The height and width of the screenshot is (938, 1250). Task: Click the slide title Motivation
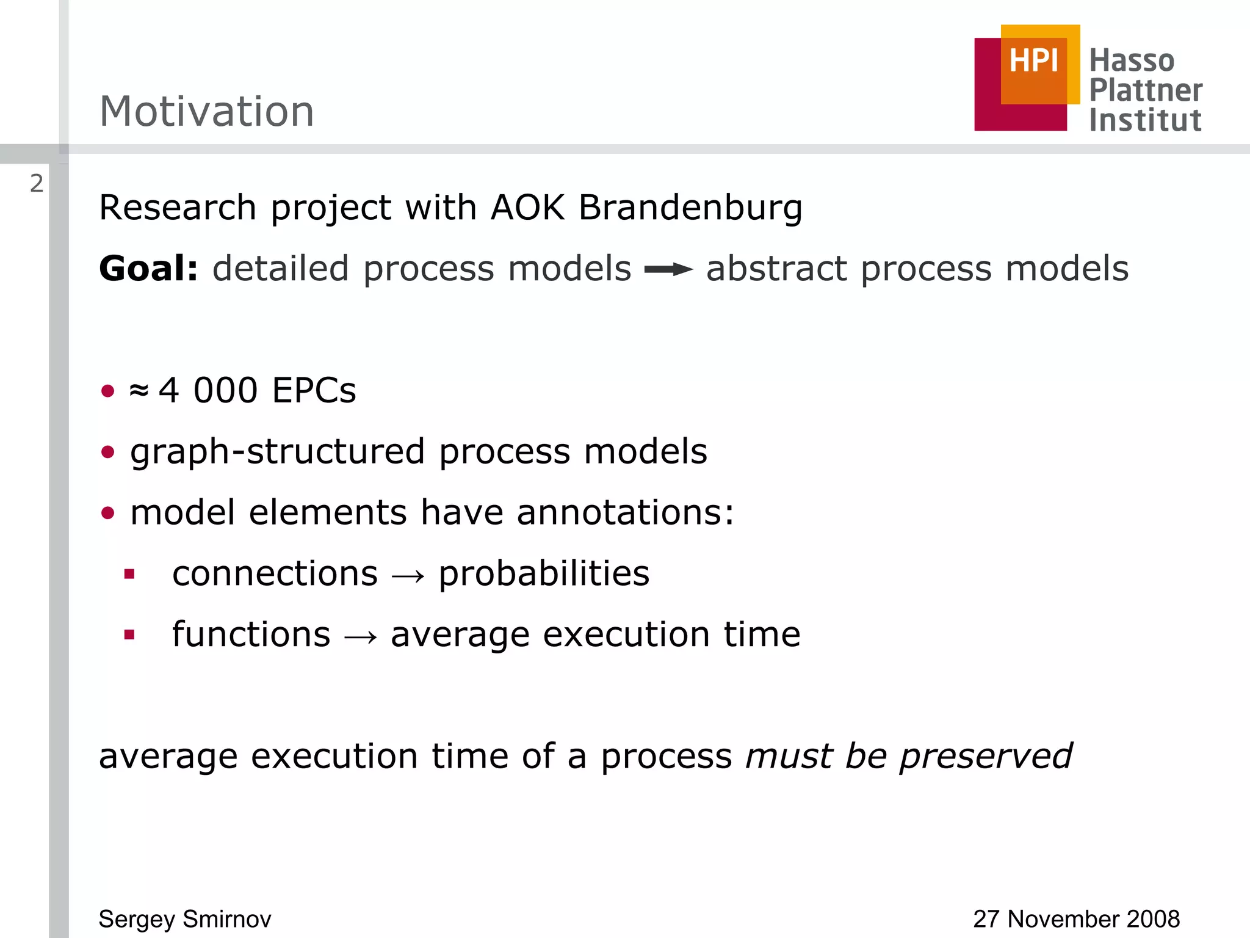tap(206, 112)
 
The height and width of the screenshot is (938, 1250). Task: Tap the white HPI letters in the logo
tap(1033, 61)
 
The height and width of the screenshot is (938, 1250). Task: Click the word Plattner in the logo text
tap(1146, 90)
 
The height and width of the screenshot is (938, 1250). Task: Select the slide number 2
tap(37, 184)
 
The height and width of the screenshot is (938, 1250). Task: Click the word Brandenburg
tap(690, 208)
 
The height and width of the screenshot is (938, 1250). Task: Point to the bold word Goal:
tap(149, 269)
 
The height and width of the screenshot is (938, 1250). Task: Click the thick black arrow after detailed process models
tap(668, 269)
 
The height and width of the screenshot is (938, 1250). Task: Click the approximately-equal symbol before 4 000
tap(139, 390)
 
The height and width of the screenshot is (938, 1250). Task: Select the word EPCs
tap(314, 390)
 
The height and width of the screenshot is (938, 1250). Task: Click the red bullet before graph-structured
tap(108, 452)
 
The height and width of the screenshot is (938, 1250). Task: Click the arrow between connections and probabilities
tap(408, 575)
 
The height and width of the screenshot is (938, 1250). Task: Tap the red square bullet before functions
tap(129, 635)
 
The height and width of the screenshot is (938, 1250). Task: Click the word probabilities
tap(544, 574)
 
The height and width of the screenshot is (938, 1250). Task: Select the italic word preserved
tap(986, 757)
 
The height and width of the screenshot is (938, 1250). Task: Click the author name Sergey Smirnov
tap(185, 919)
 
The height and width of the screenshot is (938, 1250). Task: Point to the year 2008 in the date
tap(1153, 919)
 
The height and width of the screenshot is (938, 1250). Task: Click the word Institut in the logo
tap(1145, 120)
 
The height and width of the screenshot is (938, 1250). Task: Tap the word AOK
tap(527, 208)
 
